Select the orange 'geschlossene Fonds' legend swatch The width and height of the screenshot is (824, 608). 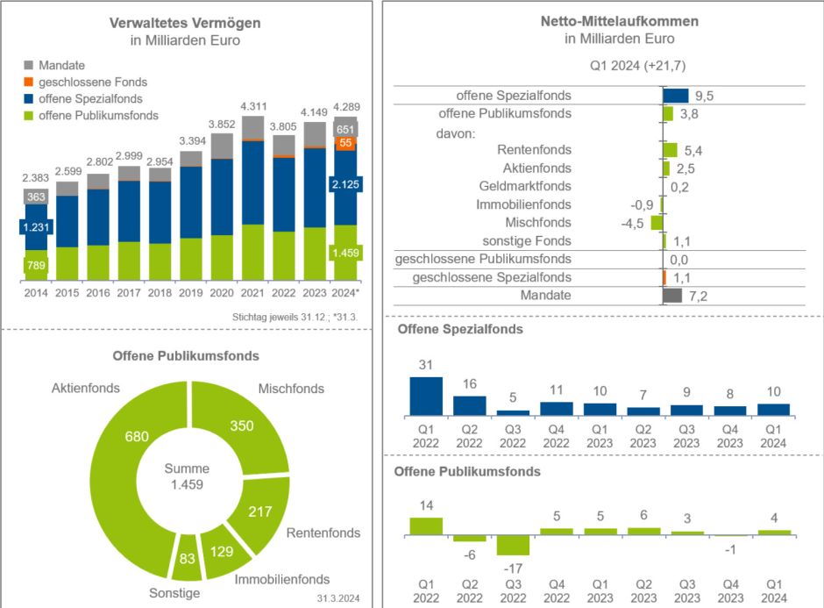[x=29, y=82]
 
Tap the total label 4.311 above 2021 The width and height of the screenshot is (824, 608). [x=253, y=106]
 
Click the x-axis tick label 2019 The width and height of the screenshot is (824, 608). [x=192, y=292]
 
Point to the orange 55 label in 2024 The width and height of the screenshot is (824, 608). [x=346, y=143]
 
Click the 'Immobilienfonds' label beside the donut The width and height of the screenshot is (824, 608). [x=282, y=579]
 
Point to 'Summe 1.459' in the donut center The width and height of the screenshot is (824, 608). [x=187, y=477]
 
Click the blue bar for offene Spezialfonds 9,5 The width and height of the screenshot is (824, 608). [x=676, y=96]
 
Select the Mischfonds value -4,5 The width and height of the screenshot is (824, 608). [x=633, y=223]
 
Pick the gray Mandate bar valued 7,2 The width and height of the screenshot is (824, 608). [x=672, y=296]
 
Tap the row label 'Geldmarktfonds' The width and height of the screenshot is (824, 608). [x=525, y=186]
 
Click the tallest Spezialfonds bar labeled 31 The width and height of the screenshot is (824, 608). [x=426, y=396]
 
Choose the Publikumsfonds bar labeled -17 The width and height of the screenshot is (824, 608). [x=513, y=544]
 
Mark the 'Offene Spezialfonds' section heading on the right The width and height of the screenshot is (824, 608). [x=460, y=330]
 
